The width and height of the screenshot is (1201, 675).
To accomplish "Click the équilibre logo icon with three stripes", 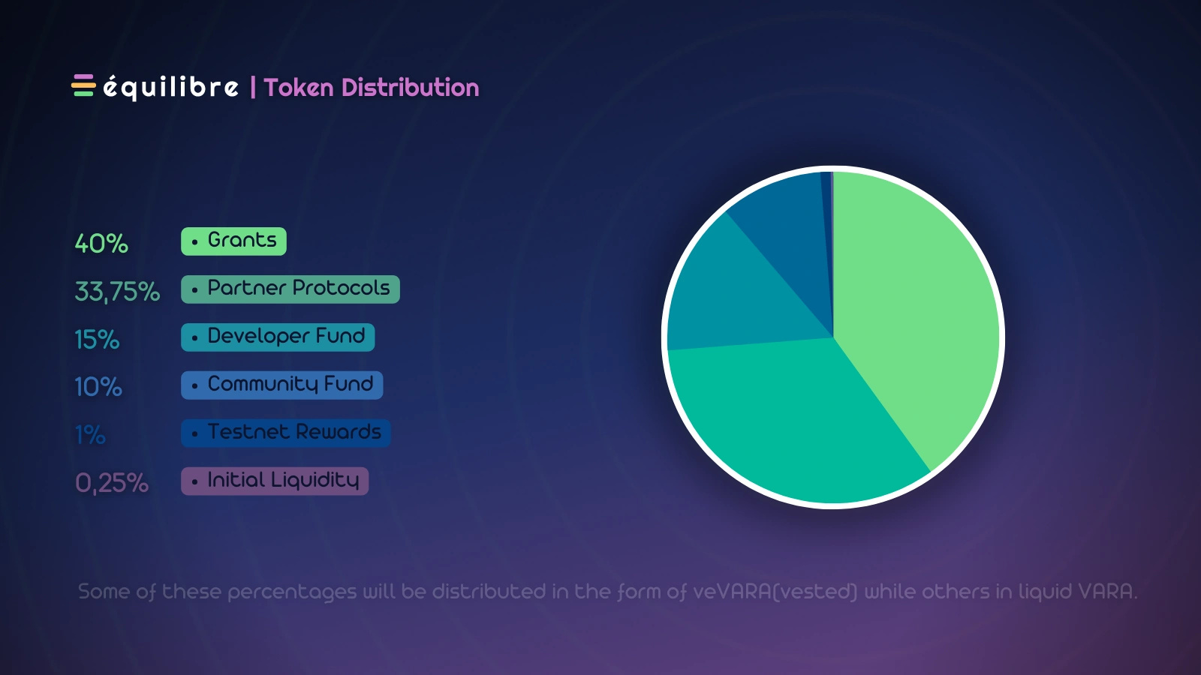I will click(x=83, y=85).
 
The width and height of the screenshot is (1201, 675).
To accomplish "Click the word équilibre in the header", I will click(x=170, y=87).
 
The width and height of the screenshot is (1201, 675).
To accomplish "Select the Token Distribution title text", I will click(x=372, y=88).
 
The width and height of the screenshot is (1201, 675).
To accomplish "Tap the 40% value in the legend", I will click(x=101, y=243).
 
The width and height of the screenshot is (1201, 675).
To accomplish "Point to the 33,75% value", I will click(x=117, y=291).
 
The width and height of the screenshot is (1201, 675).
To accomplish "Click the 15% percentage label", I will click(x=97, y=339).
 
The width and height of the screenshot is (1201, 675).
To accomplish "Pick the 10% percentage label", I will click(x=98, y=387).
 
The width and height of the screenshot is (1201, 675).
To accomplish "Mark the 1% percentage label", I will click(x=90, y=435).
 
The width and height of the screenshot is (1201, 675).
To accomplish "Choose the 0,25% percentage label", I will click(x=112, y=483).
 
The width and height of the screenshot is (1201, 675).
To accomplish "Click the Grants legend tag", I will click(x=233, y=241).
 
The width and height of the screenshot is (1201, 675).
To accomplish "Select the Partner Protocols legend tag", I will click(x=290, y=289).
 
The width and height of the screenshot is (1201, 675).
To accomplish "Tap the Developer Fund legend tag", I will click(x=278, y=337).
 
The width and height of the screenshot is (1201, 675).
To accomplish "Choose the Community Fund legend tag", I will click(x=281, y=385).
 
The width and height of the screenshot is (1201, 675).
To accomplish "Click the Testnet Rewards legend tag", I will click(x=285, y=433).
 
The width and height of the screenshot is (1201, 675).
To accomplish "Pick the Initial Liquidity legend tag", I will click(x=275, y=481).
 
